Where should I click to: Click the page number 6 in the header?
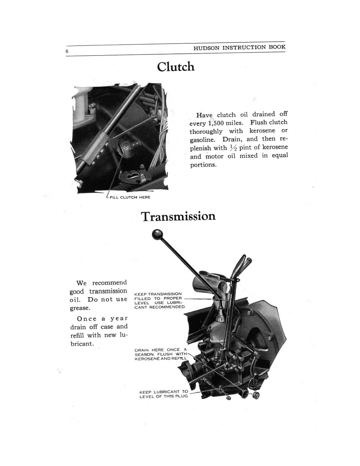pyautogui.click(x=67, y=51)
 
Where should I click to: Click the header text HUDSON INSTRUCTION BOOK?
pyautogui.click(x=239, y=47)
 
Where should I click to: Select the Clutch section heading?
pyautogui.click(x=176, y=67)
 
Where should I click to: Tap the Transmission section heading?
pyautogui.click(x=178, y=216)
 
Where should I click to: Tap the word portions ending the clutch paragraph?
pyautogui.click(x=203, y=165)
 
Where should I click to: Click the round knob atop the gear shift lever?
pyautogui.click(x=158, y=235)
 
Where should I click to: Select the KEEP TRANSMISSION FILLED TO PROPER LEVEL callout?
pyautogui.click(x=160, y=300)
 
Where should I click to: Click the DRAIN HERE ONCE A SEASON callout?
pyautogui.click(x=161, y=354)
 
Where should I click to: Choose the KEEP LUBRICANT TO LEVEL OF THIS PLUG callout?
pyautogui.click(x=164, y=394)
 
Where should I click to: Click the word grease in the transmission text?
pyautogui.click(x=79, y=308)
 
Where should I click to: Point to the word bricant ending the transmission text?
pyautogui.click(x=82, y=344)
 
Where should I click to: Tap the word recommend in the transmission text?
pyautogui.click(x=109, y=283)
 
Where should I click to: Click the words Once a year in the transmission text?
pyautogui.click(x=102, y=319)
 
